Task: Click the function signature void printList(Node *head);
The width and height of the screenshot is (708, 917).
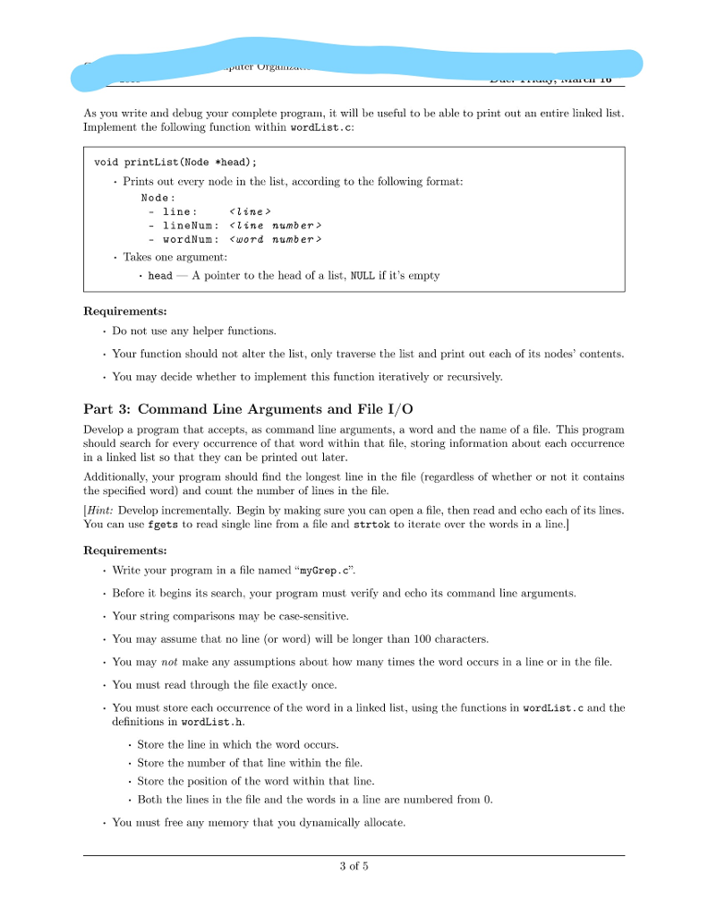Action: pos(175,162)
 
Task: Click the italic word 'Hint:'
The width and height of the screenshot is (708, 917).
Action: pos(100,510)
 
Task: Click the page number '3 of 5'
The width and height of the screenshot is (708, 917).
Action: pos(354,866)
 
